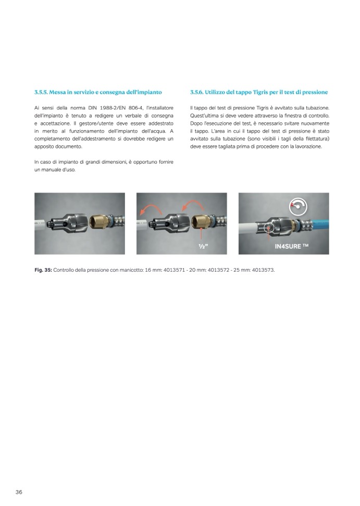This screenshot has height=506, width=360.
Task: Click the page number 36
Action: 19,492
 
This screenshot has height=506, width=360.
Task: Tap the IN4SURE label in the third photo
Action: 292,246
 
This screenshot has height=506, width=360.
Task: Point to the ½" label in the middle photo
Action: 203,247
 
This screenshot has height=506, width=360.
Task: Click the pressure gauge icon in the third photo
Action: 298,207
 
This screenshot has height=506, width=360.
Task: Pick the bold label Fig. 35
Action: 43,270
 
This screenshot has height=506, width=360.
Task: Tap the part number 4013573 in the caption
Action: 263,270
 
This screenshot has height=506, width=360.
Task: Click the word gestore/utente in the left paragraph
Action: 94,123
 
